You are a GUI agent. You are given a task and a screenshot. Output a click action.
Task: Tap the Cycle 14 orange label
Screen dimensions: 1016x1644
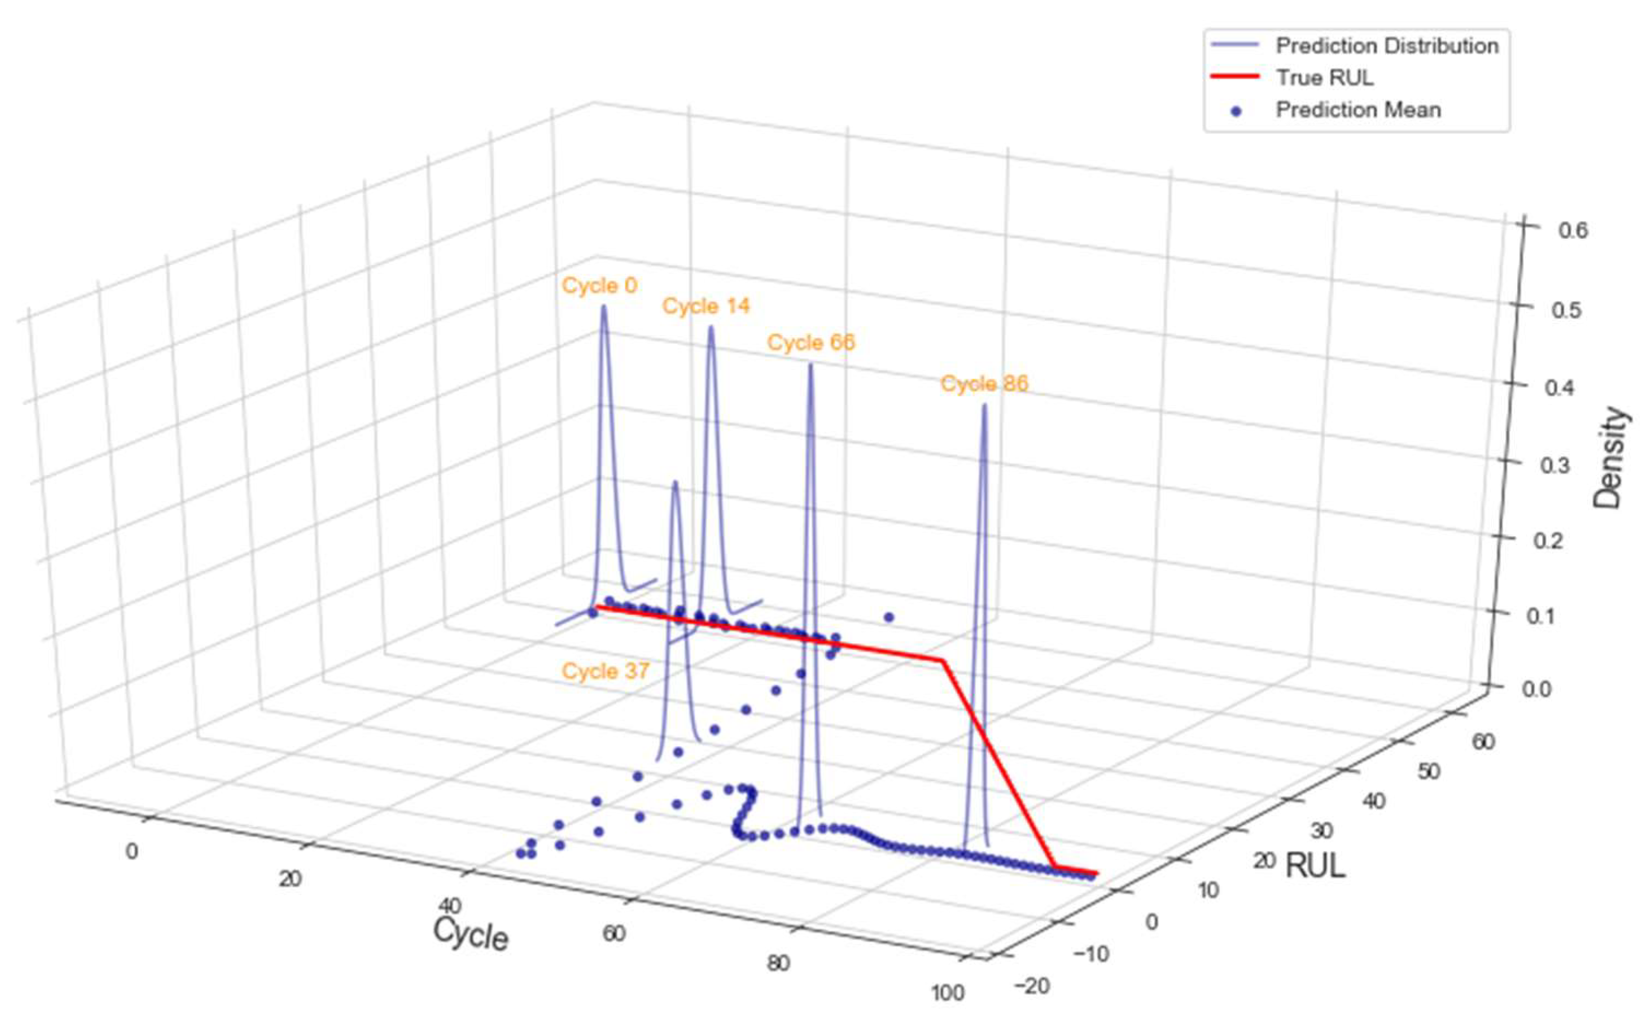[x=706, y=307]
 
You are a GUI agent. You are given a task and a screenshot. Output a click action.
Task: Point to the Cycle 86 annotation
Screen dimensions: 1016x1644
[x=984, y=384]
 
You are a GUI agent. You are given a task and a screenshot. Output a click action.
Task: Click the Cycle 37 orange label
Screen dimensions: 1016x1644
[x=606, y=671]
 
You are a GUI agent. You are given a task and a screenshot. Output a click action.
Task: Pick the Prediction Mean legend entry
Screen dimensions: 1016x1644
[x=1358, y=109]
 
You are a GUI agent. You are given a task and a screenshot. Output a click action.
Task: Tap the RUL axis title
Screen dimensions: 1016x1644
[x=1315, y=866]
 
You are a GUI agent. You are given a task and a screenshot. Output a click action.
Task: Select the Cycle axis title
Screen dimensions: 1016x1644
[x=470, y=934]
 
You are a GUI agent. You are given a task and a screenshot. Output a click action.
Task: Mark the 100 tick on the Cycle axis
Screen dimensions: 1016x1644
[x=949, y=993]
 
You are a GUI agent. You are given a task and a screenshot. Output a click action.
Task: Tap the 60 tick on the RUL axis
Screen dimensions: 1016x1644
[x=1483, y=742]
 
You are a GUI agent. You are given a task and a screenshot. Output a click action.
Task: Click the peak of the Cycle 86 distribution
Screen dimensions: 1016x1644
[x=984, y=405]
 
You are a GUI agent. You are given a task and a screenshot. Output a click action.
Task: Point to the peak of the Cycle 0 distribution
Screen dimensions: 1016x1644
[x=603, y=307]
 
